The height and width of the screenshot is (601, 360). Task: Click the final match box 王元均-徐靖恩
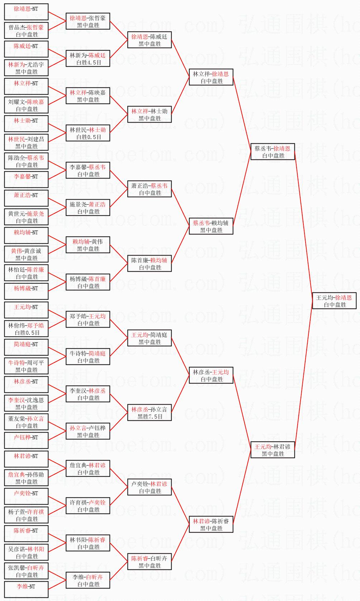(334, 301)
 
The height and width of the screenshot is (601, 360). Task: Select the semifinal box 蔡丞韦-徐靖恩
(273, 152)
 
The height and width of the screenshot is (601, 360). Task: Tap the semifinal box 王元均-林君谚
(273, 450)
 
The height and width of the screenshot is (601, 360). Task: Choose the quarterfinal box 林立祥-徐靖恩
(211, 77)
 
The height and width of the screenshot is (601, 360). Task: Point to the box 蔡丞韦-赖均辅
(211, 226)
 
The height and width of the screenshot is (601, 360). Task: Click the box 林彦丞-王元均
(211, 376)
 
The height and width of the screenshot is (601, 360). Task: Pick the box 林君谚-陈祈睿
(211, 525)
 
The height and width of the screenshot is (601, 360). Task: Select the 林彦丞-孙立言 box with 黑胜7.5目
(149, 413)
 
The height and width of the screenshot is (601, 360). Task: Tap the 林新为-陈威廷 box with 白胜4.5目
(88, 59)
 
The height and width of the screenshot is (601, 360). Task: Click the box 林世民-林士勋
(88, 133)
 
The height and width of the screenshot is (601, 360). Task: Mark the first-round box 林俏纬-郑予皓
(26, 329)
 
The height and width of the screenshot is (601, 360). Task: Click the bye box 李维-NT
(26, 589)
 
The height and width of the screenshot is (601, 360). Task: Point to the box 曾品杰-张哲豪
(26, 31)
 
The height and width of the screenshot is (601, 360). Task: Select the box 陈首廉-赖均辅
(149, 264)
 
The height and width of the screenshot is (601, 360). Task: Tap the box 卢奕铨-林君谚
(149, 487)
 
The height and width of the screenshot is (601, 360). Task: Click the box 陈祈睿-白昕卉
(149, 562)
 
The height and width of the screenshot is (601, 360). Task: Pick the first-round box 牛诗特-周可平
(26, 366)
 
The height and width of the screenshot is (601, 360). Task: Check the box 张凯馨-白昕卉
(26, 571)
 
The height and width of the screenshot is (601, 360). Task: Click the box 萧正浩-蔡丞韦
(149, 189)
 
